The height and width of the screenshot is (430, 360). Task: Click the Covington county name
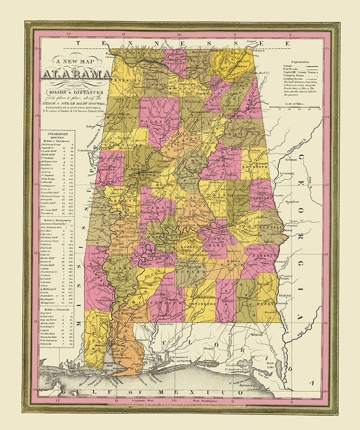200,303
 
